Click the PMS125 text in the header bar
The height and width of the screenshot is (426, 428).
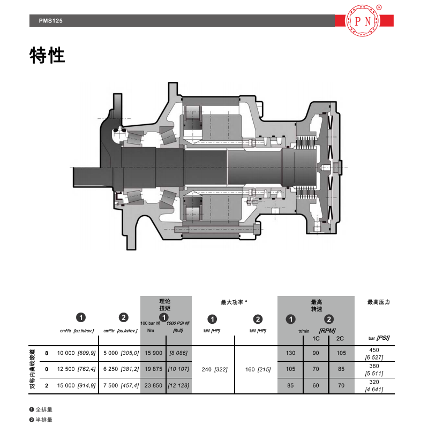(x=51, y=21)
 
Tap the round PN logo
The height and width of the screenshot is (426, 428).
(x=362, y=21)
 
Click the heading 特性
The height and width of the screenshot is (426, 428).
(x=47, y=56)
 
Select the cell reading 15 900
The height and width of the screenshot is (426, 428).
(x=153, y=353)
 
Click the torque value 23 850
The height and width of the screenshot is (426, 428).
(x=153, y=385)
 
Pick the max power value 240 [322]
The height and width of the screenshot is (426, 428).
(x=215, y=369)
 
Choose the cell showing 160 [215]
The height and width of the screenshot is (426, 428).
(x=258, y=369)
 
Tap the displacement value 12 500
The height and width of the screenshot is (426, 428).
(x=66, y=369)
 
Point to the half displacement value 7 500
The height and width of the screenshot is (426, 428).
(x=110, y=385)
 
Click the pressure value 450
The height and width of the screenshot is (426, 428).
(x=374, y=350)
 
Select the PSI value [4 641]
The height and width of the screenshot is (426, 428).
(x=374, y=390)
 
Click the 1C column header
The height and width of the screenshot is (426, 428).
(x=316, y=338)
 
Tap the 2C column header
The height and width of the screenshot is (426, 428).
(x=340, y=338)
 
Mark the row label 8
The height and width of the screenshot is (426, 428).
(x=47, y=353)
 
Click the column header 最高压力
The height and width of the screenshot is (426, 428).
(x=379, y=302)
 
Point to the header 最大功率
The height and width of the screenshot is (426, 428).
(x=232, y=302)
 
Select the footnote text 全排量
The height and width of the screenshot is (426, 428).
(x=44, y=409)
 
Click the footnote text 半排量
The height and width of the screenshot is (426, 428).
(x=44, y=420)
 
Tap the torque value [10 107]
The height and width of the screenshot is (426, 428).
(x=178, y=369)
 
